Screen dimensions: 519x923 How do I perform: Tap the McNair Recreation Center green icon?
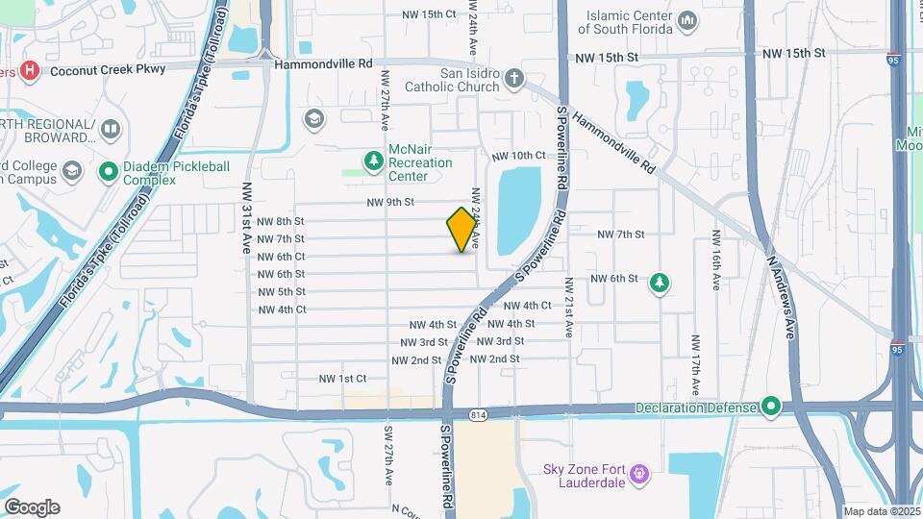[x=373, y=160]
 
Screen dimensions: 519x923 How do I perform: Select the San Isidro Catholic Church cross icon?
[x=514, y=78]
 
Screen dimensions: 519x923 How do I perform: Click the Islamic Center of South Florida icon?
[x=687, y=20]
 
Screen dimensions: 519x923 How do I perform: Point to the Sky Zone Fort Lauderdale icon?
[x=641, y=474]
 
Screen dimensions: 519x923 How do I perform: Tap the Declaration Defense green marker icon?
[x=770, y=408]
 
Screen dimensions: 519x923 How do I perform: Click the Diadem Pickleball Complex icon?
[x=109, y=172]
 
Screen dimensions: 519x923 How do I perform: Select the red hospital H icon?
[x=30, y=70]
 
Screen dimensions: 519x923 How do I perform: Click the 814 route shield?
[x=478, y=414]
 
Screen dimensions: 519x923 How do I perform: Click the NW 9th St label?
[x=390, y=202]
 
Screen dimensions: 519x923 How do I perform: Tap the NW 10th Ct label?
[x=519, y=156]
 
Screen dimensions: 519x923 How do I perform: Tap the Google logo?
[x=32, y=507]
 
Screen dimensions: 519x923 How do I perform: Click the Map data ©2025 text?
[x=882, y=511]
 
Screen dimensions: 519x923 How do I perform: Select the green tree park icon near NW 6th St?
[x=661, y=283]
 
